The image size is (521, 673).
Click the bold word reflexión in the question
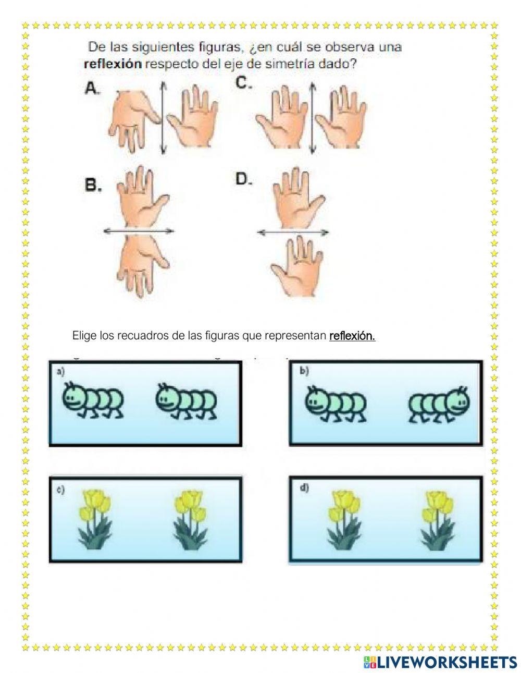coord(113,65)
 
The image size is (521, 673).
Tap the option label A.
coord(92,89)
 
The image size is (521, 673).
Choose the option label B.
coord(93,186)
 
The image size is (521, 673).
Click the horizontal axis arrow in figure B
coord(138,230)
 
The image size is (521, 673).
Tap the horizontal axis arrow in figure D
coord(293,231)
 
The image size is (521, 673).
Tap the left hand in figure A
coord(133,116)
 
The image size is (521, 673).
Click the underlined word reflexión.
coord(352,336)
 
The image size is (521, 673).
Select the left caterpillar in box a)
coord(93,400)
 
